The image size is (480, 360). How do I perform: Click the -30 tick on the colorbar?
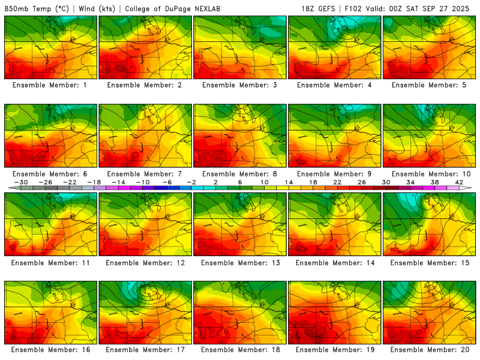pyautogui.click(x=20, y=182)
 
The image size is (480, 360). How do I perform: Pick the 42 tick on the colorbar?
pyautogui.click(x=459, y=182)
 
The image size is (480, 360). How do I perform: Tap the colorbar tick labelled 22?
pyautogui.click(x=337, y=182)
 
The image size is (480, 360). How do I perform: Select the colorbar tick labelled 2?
pyautogui.click(x=215, y=182)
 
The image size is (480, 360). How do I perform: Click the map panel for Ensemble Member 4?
pyautogui.click(x=334, y=47)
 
